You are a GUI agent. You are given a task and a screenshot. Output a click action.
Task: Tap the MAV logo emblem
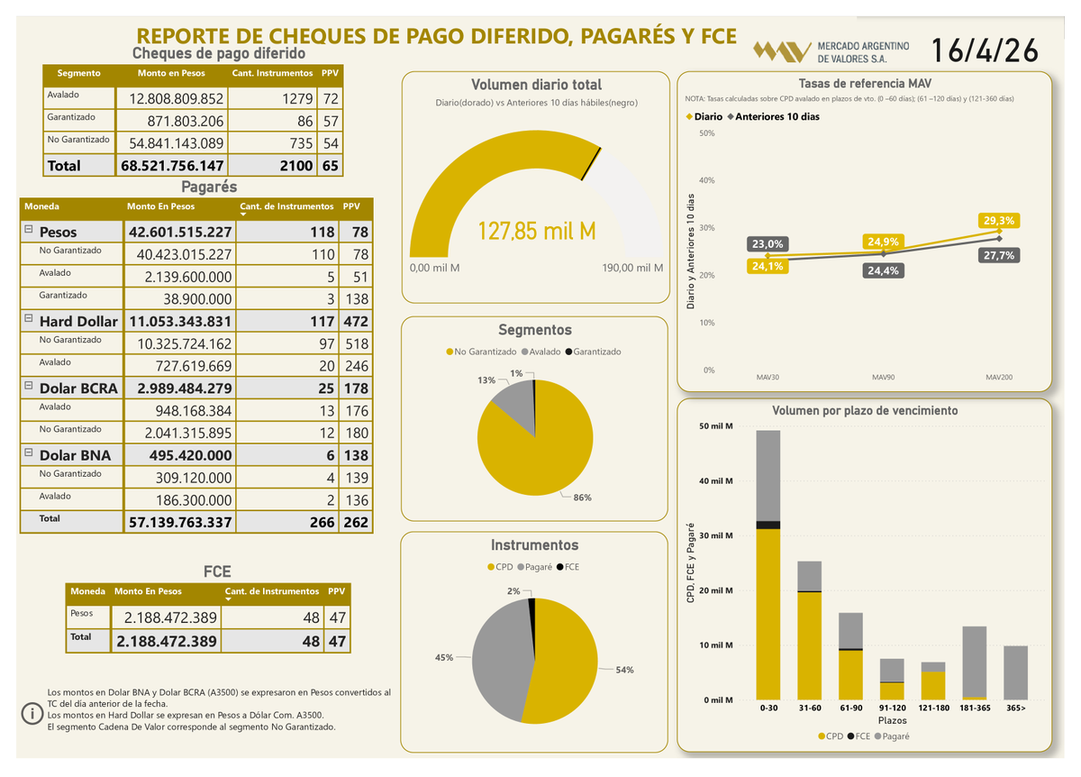coord(780,51)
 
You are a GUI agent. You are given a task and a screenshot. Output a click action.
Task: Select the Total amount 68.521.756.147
coord(171,166)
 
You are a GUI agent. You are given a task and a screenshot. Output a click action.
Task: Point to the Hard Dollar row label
coord(78,321)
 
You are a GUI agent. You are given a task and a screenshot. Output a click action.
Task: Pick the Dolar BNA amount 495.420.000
coord(180,455)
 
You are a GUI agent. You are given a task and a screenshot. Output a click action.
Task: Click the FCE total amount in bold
coord(167,641)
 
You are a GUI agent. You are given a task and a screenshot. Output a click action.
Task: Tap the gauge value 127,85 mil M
coord(536,232)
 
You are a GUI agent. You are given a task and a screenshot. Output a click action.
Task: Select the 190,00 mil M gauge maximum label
coord(632,269)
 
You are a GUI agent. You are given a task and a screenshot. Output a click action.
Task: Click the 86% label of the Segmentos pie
coord(583,498)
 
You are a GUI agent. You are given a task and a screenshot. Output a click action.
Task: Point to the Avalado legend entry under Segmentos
coord(544,352)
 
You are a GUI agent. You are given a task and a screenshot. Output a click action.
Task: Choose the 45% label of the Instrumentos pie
coord(444,658)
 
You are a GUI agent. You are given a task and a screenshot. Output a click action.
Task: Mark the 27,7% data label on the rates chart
coord(999,255)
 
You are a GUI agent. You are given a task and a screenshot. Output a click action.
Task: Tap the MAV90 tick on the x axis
coord(884,377)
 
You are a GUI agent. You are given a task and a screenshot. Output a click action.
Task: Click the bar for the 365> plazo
coord(1015,672)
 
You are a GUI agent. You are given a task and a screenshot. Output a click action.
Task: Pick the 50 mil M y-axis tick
coord(716,425)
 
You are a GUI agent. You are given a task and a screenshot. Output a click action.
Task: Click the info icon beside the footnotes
coord(32,714)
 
